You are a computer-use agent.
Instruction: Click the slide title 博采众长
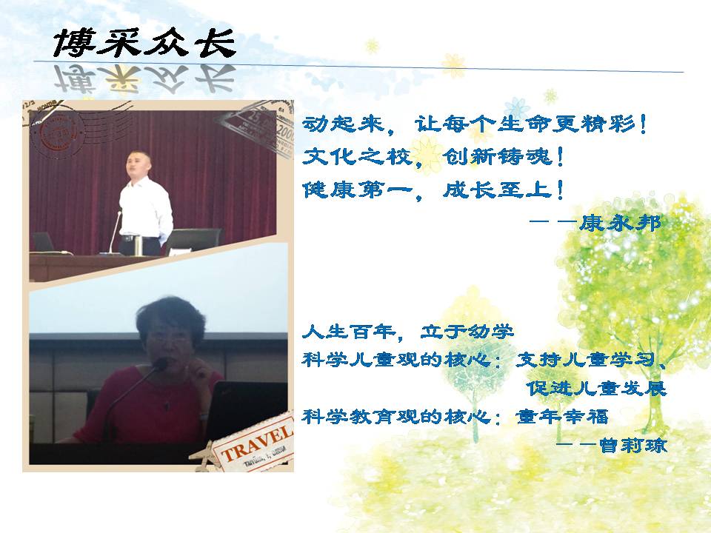coord(144,43)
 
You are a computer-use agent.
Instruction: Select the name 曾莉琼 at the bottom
coord(633,445)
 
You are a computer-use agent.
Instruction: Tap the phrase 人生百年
coord(348,332)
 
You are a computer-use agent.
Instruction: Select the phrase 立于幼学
coord(467,332)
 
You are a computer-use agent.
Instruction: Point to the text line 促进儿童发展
coord(597,389)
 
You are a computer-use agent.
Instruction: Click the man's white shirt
coord(145,207)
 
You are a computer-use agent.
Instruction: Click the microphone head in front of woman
coord(160,363)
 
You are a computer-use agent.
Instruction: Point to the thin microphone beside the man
coord(114,232)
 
